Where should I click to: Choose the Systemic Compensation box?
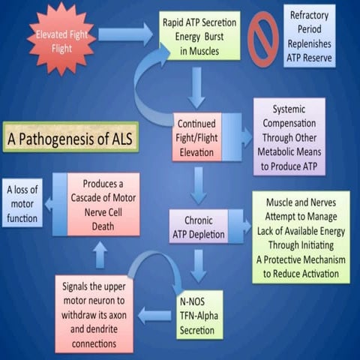click(x=289, y=136)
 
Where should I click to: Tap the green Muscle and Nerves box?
click(x=300, y=237)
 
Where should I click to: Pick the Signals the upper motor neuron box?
click(x=96, y=313)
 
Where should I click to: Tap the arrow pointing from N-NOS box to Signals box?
click(x=154, y=315)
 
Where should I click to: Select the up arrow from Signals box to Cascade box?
click(x=100, y=255)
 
